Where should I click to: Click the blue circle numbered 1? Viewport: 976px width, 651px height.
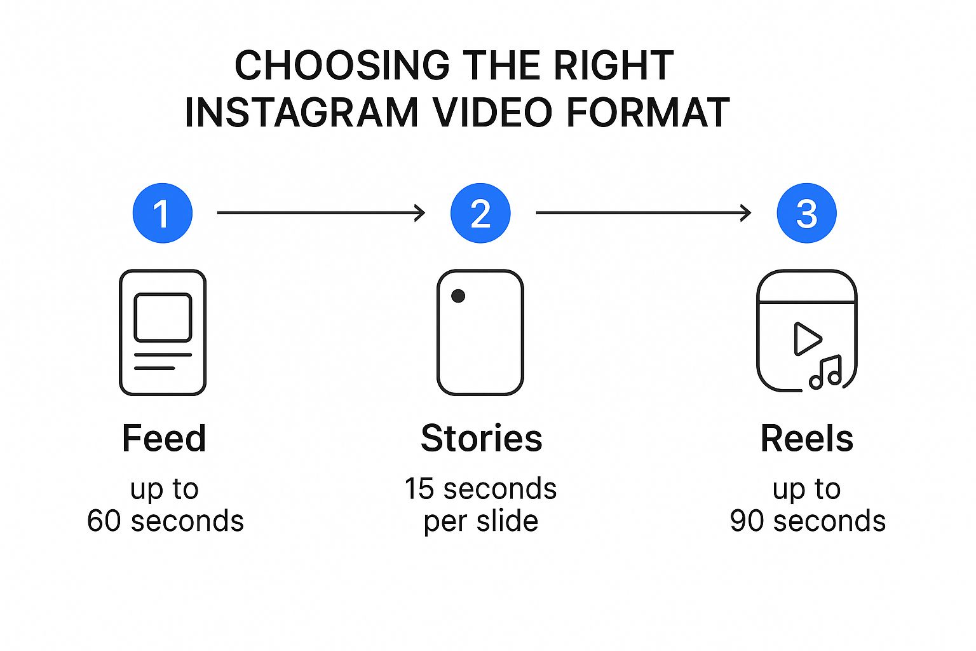(163, 213)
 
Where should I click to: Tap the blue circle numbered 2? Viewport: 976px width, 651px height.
(480, 213)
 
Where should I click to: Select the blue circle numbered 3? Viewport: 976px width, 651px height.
(806, 213)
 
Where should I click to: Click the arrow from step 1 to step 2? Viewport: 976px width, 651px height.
(321, 213)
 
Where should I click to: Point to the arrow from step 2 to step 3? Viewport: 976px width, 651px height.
(644, 213)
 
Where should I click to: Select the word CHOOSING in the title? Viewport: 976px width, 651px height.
(342, 65)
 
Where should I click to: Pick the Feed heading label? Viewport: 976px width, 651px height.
(164, 438)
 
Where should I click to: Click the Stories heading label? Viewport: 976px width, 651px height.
(482, 438)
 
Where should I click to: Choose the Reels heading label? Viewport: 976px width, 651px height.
(807, 438)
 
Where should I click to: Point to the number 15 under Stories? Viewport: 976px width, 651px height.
(419, 488)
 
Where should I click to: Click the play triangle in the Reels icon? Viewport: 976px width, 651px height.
(807, 339)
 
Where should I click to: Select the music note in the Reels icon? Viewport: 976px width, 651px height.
(825, 372)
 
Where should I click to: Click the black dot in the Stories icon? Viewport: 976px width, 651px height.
(458, 296)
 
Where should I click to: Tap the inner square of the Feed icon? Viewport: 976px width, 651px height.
(163, 317)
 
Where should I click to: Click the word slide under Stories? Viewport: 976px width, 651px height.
(507, 521)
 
